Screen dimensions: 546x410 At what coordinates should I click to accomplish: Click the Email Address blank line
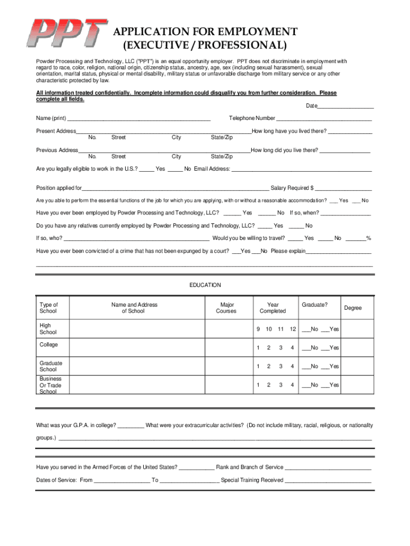point(301,170)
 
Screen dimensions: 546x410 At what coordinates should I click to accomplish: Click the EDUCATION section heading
point(205,285)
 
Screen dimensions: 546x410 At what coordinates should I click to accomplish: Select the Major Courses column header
point(226,308)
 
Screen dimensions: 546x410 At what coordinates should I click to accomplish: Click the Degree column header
point(352,308)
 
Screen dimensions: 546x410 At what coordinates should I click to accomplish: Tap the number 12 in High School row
point(292,329)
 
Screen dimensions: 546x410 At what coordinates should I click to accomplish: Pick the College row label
point(48,344)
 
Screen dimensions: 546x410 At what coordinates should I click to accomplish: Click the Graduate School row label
point(51,366)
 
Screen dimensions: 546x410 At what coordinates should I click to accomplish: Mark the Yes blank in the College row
point(325,349)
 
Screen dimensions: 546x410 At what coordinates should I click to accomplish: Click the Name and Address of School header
point(134,308)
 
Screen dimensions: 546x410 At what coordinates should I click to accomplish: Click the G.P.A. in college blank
point(130,427)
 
